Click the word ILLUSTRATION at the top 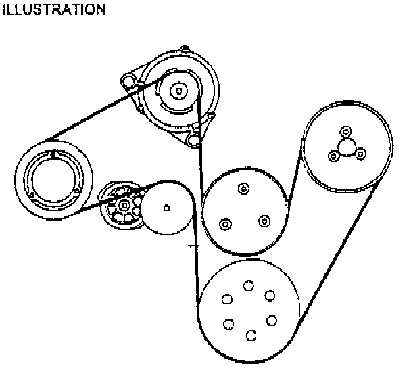tap(53, 9)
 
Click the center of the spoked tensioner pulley tap(123, 205)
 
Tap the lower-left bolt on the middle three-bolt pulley tap(226, 223)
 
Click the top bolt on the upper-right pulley tap(346, 131)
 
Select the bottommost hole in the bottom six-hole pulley tap(251, 335)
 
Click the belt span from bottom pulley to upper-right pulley tap(338, 257)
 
